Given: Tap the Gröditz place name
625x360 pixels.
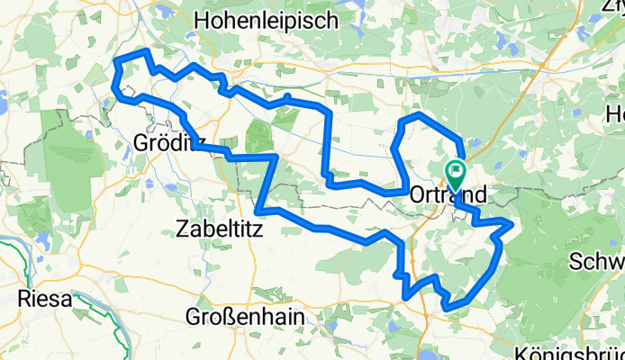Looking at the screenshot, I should point(163,142).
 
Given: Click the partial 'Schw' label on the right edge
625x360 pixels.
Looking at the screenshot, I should point(598,262).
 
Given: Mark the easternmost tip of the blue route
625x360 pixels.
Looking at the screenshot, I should point(513,222).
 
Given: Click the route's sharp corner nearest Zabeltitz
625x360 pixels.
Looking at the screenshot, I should point(259,211).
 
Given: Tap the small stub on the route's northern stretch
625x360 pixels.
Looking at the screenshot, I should point(285,96).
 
